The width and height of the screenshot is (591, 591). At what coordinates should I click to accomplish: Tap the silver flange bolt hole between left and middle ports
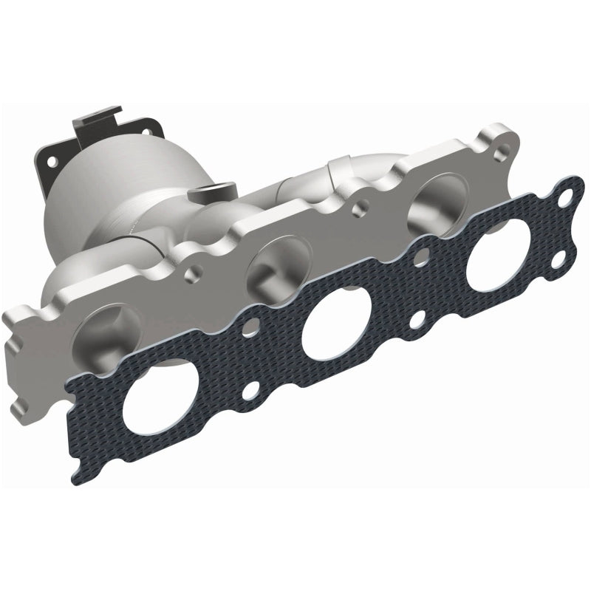pyautogui.click(x=194, y=275)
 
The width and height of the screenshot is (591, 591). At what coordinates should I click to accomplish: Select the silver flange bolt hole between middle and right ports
pyautogui.click(x=360, y=209)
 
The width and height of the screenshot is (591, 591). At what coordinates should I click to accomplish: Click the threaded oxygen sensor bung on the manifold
pyautogui.click(x=199, y=194)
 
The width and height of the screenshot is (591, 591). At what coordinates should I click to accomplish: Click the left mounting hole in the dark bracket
pyautogui.click(x=51, y=158)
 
